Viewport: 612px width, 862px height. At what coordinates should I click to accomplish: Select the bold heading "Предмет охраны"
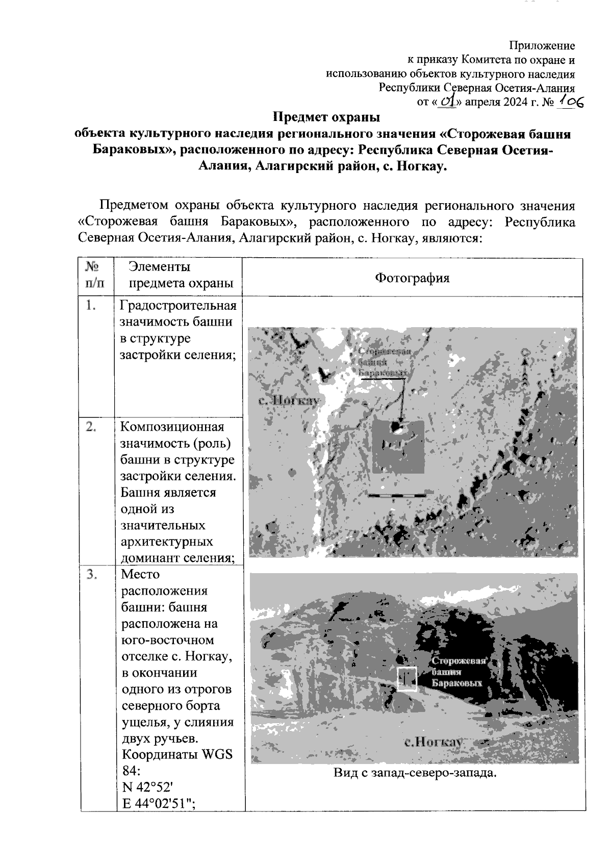[x=326, y=117]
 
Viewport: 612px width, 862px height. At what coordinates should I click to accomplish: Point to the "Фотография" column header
[x=412, y=278]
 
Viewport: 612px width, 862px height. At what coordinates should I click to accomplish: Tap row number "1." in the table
[x=91, y=306]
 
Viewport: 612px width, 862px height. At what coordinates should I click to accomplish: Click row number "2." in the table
[x=91, y=427]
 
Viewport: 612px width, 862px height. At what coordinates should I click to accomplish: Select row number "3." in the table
[x=91, y=575]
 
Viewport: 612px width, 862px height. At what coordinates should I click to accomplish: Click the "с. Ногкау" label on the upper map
[x=289, y=400]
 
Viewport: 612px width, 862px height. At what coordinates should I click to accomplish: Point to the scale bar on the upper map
[x=397, y=495]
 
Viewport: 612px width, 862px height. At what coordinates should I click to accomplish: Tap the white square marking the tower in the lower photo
[x=407, y=679]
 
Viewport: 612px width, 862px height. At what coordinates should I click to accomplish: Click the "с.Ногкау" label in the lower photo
[x=433, y=742]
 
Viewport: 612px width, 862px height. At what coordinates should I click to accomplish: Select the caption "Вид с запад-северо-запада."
[x=415, y=773]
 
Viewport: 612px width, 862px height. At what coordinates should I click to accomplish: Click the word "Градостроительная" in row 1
[x=178, y=306]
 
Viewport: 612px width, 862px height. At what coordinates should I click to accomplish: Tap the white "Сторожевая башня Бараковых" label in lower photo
[x=457, y=672]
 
